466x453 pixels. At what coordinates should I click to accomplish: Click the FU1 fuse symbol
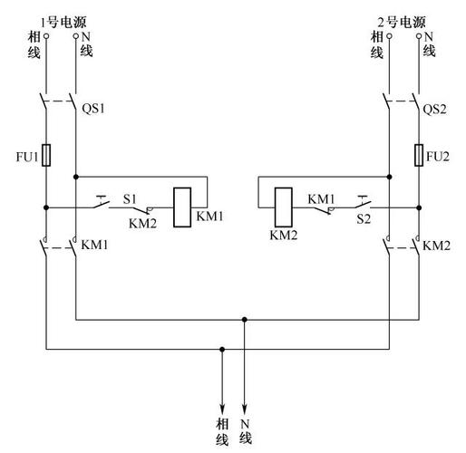point(46,155)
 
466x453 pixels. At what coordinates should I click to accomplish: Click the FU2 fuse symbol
point(419,155)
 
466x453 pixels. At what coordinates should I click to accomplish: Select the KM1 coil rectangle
point(182,207)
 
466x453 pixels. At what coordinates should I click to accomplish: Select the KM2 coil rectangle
point(284,207)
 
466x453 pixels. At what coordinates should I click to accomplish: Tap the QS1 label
point(93,109)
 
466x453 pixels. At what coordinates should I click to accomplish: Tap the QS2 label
point(434,109)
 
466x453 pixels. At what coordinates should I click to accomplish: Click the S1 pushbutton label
point(130,199)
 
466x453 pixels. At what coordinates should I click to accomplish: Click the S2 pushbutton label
point(364,218)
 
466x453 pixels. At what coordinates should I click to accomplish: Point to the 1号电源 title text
point(63,23)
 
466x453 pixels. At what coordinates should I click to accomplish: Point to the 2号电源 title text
point(402,23)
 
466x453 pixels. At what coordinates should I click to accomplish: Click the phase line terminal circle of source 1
point(46,36)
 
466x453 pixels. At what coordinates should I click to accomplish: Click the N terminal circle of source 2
point(419,36)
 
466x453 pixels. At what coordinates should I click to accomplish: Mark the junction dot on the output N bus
point(245,320)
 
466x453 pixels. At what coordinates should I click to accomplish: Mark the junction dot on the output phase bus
point(222,350)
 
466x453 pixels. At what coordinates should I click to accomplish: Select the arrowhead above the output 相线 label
point(222,410)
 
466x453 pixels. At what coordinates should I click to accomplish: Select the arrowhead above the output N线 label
point(245,410)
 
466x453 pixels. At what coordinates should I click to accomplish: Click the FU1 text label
point(27,157)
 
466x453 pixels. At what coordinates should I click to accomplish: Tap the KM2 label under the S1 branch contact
point(142,224)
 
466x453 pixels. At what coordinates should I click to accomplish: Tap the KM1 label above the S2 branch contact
point(321,199)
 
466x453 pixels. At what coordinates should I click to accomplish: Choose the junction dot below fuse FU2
point(419,207)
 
